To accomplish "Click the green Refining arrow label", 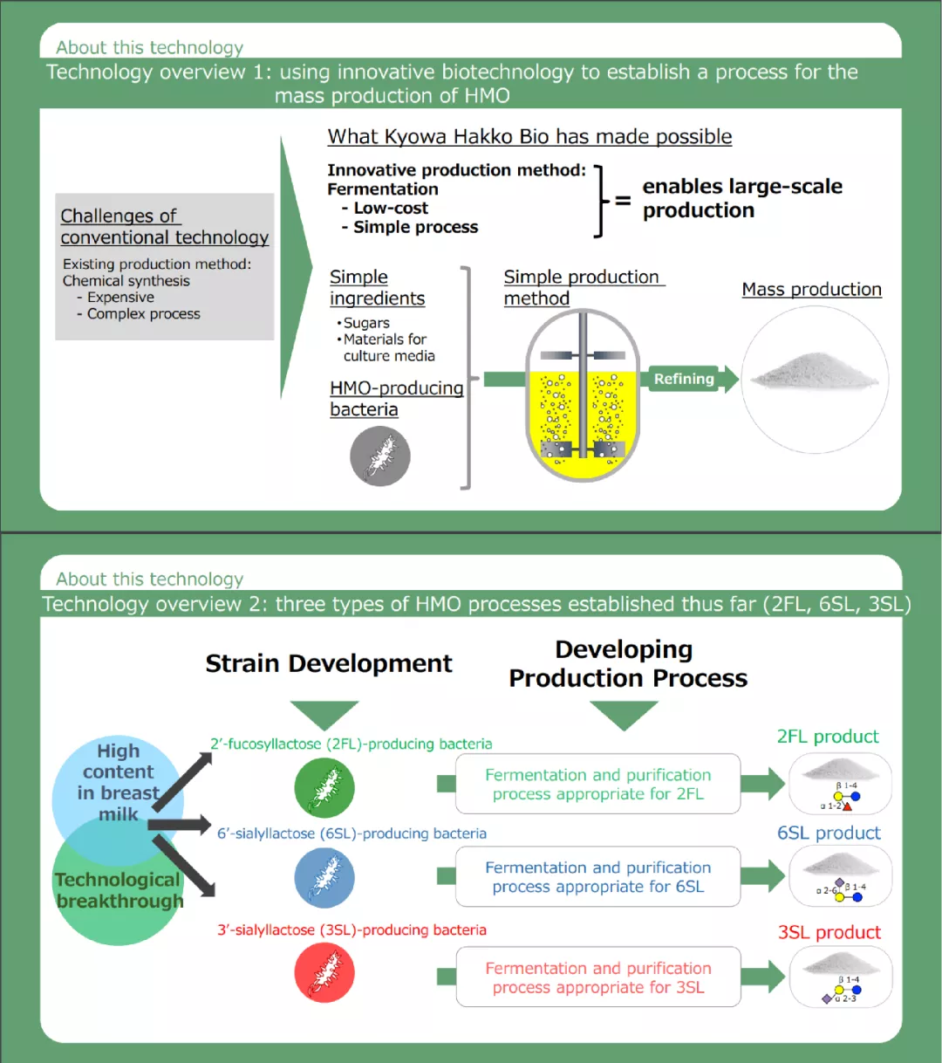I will tap(686, 379).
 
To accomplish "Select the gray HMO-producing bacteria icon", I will tap(380, 456).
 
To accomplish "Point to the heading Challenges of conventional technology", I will tap(164, 227).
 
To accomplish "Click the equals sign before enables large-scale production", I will tap(623, 200).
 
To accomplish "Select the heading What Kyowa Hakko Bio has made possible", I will tap(529, 137).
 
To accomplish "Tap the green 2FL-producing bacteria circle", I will tap(324, 787).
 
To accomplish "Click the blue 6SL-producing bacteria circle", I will tap(324, 877).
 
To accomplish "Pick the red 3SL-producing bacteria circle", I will tap(324, 973).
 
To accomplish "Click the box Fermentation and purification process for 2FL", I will tap(598, 785).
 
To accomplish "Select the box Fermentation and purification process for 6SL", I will tap(598, 877).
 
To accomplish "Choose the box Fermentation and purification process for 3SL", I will tap(598, 977).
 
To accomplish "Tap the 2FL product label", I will tap(828, 737).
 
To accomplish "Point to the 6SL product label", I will tap(829, 833).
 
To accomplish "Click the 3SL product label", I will tap(829, 933).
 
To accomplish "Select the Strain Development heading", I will tap(329, 664).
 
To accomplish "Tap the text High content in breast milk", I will tap(119, 782).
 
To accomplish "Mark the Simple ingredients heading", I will tap(377, 288).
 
